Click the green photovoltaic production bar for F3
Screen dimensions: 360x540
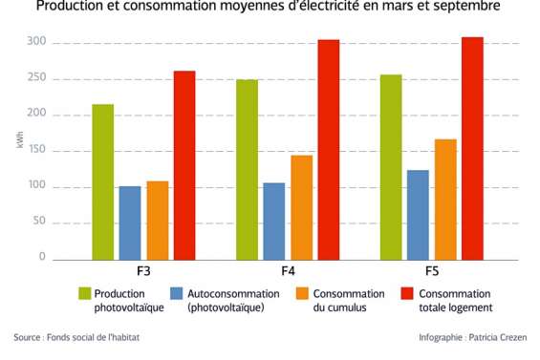(102, 181)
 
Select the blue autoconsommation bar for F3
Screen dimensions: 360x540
(129, 222)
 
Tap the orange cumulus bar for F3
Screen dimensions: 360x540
(157, 220)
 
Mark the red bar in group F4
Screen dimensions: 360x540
(328, 149)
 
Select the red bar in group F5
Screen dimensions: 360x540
(472, 148)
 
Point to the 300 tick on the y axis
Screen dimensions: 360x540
(35, 43)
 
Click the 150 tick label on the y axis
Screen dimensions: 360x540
(35, 151)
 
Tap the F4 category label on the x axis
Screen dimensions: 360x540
(287, 272)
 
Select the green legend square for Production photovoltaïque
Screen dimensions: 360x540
(84, 293)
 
